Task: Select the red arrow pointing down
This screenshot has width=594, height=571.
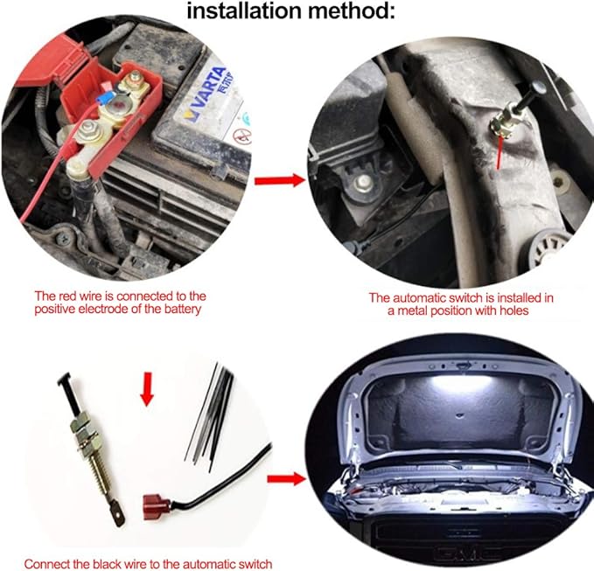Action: tap(147, 389)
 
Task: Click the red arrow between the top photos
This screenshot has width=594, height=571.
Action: tap(280, 180)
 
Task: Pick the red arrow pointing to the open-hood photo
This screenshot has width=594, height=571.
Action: tap(286, 479)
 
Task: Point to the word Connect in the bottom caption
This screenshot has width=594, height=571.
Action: tap(46, 563)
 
